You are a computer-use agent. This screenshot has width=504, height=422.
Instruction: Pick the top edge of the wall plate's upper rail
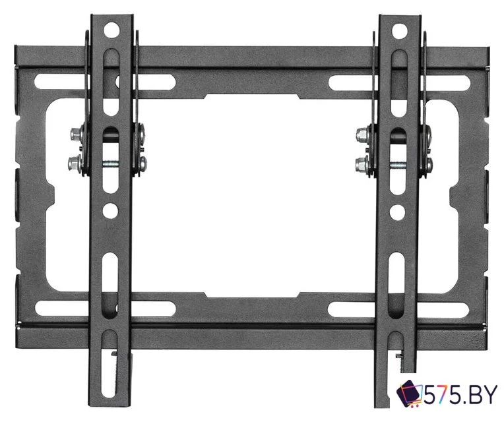click(x=251, y=47)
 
